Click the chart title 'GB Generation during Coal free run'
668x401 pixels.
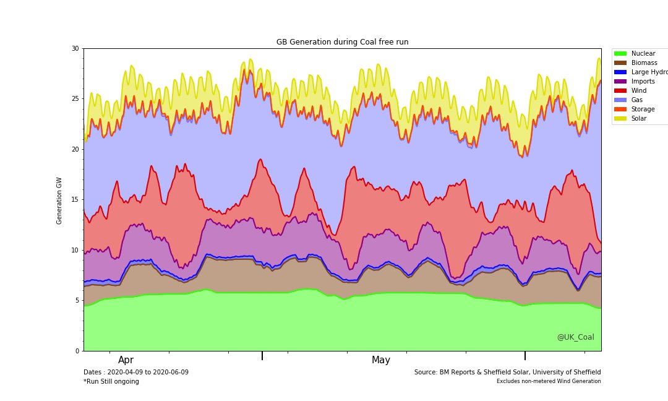pos(342,42)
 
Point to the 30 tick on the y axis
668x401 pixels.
pos(75,48)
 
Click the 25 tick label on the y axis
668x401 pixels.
pos(75,99)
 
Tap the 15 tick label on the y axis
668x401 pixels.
pos(75,200)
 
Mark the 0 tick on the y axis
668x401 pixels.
pos(77,351)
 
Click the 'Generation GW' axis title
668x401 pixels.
pos(59,200)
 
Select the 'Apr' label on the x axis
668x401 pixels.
pos(126,360)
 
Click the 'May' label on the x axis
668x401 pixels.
pos(381,360)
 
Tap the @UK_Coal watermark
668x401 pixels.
pos(575,337)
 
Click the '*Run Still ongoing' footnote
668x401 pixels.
pos(111,382)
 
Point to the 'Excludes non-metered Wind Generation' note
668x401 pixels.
pos(549,381)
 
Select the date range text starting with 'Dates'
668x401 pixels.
pos(136,373)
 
